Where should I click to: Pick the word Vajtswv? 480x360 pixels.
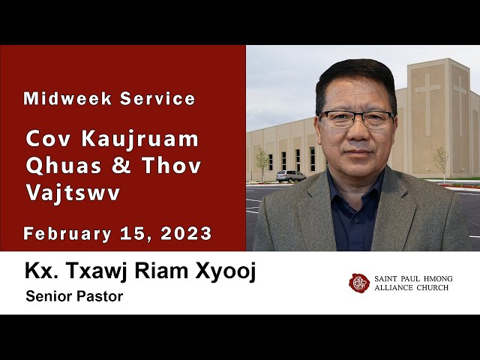click(73, 193)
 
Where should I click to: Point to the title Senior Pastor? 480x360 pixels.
click(73, 296)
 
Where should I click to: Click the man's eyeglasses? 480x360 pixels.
click(356, 119)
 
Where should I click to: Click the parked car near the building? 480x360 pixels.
click(290, 176)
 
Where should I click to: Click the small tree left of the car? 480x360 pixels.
click(262, 160)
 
